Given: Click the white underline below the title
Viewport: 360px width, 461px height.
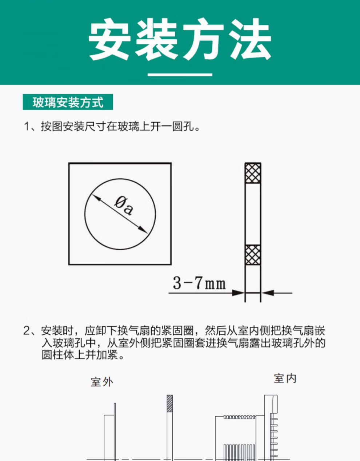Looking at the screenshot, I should pyautogui.click(x=180, y=75).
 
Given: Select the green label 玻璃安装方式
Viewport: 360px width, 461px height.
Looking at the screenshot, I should pyautogui.click(x=68, y=102).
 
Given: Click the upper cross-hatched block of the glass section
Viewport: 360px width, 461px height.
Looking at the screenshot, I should pyautogui.click(x=253, y=173).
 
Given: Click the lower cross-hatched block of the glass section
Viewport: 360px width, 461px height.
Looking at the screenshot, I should pyautogui.click(x=253, y=255).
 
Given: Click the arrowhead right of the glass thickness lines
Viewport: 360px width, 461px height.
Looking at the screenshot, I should pyautogui.click(x=267, y=293).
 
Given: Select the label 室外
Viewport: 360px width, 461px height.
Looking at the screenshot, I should pyautogui.click(x=102, y=382).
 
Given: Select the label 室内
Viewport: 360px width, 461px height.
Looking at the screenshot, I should pyautogui.click(x=285, y=378).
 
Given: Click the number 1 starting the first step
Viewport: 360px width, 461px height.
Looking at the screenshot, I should pyautogui.click(x=27, y=127).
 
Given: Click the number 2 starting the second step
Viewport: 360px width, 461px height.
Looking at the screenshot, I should pyautogui.click(x=27, y=331).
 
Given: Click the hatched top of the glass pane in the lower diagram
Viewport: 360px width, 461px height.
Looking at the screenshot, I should pyautogui.click(x=169, y=403).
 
